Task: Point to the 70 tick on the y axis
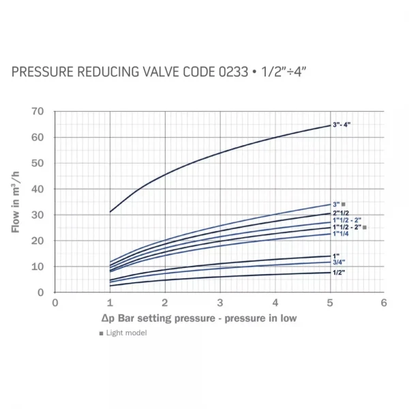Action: point(37,111)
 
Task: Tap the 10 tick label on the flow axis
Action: point(37,267)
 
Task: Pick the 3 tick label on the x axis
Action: point(219,302)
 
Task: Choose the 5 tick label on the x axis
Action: point(329,302)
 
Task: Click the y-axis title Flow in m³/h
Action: point(16,202)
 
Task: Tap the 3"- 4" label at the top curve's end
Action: point(342,125)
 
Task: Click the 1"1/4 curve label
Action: point(342,234)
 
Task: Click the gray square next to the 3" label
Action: point(345,204)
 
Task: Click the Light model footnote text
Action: point(126,333)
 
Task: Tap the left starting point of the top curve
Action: point(110,211)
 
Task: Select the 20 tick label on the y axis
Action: point(37,241)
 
